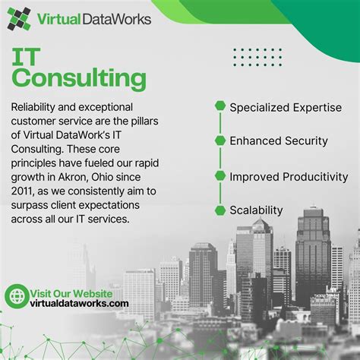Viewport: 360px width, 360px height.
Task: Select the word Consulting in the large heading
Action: coord(80,79)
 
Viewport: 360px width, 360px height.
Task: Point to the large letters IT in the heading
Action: coord(31,55)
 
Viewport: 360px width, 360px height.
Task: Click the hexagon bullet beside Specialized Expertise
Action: coord(220,106)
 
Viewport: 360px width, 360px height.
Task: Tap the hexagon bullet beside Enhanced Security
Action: coord(220,141)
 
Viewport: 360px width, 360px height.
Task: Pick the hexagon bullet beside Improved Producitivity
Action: coord(220,175)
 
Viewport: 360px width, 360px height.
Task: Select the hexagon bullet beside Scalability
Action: coord(220,210)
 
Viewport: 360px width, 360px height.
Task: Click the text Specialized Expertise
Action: coord(286,106)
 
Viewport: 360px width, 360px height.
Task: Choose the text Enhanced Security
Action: coord(279,141)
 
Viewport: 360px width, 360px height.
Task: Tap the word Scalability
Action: coord(257,210)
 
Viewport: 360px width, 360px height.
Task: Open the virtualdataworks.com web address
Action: coord(79,303)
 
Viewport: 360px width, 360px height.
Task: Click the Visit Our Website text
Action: coord(71,292)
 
